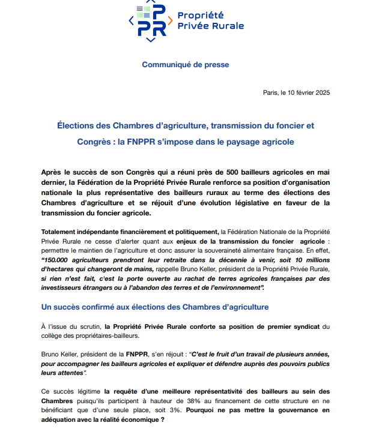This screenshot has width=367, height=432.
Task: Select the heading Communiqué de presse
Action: (185, 64)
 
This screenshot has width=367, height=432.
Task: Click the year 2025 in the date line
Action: (321, 92)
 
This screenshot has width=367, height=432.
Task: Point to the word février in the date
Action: (300, 92)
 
